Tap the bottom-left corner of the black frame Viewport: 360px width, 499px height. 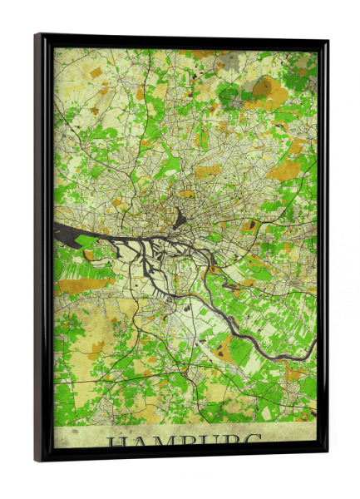point(37,460)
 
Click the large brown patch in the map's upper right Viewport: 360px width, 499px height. point(264,87)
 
